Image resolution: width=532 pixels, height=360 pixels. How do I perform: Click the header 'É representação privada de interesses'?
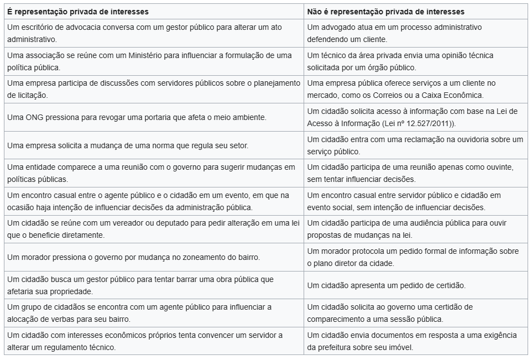point(78,12)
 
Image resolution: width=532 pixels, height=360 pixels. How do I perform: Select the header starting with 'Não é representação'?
point(385,12)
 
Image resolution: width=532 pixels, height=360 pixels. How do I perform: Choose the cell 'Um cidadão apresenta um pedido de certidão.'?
point(386,285)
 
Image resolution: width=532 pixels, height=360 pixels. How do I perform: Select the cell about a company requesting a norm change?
point(128,145)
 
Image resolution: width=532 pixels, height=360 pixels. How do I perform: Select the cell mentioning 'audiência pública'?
point(414,229)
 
